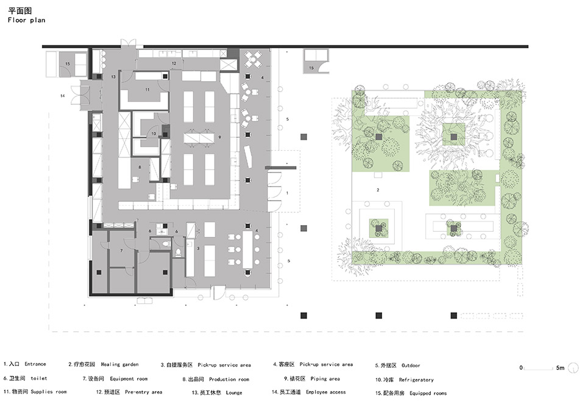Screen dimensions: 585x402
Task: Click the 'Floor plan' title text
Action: pyautogui.click(x=26, y=20)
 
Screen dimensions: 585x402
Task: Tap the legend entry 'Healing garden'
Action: pyautogui.click(x=119, y=364)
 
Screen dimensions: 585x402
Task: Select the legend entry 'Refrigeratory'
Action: pyautogui.click(x=416, y=380)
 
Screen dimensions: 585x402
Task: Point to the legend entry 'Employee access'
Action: pyautogui.click(x=325, y=392)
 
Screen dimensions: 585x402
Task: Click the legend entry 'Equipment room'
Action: pyautogui.click(x=129, y=379)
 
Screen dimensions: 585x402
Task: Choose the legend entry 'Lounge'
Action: pyautogui.click(x=234, y=393)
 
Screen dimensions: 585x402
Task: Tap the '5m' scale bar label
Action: pyautogui.click(x=560, y=368)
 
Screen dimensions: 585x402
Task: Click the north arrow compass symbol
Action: pyautogui.click(x=573, y=368)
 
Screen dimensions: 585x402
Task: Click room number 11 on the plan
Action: pyautogui.click(x=147, y=90)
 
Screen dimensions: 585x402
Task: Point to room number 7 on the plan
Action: pyautogui.click(x=121, y=251)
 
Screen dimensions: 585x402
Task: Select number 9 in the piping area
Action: pyautogui.click(x=220, y=137)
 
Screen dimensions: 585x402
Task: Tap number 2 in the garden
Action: pyautogui.click(x=378, y=190)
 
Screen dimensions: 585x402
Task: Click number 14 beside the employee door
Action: pyautogui.click(x=63, y=96)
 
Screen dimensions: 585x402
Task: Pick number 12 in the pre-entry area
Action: pyautogui.click(x=174, y=63)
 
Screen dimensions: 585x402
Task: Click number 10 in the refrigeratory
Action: pyautogui.click(x=154, y=134)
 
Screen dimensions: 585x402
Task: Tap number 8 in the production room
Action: pyautogui.click(x=140, y=167)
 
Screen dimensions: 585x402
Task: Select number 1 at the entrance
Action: pyautogui.click(x=287, y=193)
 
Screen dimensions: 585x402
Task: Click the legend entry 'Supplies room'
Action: pyautogui.click(x=49, y=392)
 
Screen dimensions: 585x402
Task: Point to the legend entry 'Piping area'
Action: pyautogui.click(x=325, y=379)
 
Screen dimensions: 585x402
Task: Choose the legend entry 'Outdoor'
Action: pyautogui.click(x=411, y=365)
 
